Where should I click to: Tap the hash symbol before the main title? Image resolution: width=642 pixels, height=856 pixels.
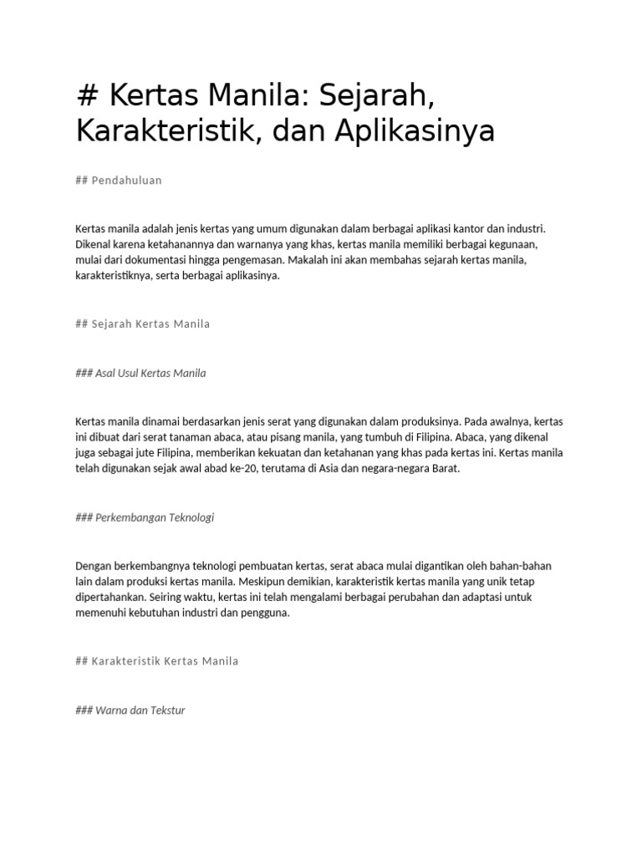pyautogui.click(x=87, y=96)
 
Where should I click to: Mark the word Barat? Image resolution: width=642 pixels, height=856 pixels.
pyautogui.click(x=445, y=469)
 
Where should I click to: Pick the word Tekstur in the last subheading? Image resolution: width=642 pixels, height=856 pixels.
pyautogui.click(x=166, y=711)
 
